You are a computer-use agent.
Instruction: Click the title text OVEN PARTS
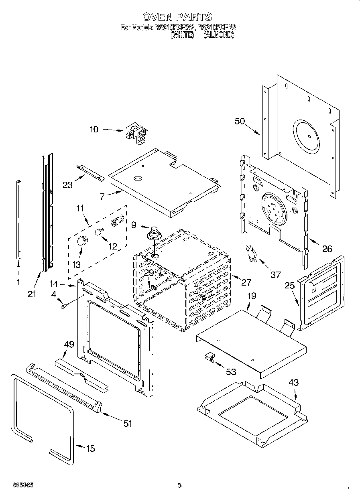[177, 16]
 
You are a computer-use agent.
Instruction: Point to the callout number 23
[68, 185]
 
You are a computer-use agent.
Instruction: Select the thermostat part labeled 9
[153, 233]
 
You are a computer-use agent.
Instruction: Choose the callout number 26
[327, 249]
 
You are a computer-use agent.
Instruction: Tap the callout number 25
[289, 286]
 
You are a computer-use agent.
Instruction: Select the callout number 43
[294, 382]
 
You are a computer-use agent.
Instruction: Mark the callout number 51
[128, 424]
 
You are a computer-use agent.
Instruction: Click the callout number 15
[91, 448]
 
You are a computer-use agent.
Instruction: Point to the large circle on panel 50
[308, 136]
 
